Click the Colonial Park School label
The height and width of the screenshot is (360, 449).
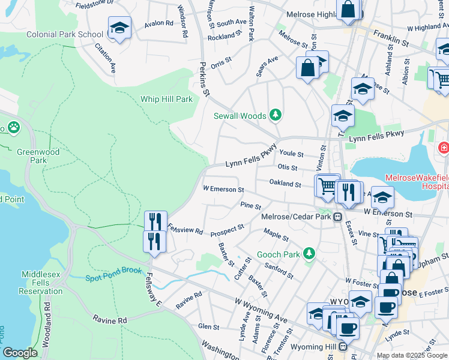[x=64, y=34]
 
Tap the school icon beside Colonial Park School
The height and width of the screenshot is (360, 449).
[x=119, y=28]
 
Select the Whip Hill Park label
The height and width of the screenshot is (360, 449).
[x=166, y=99]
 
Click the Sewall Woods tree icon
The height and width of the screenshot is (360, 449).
[x=276, y=114]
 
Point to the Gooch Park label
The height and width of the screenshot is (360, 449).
[x=278, y=254]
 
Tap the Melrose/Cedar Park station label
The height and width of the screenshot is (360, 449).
[x=297, y=217]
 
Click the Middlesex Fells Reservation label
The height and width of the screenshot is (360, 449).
[x=42, y=283]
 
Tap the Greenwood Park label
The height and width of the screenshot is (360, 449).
[x=38, y=156]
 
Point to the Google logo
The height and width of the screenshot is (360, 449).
[x=20, y=353]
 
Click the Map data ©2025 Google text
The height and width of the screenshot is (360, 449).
[x=412, y=355]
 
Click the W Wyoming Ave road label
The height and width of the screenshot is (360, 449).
[x=261, y=309]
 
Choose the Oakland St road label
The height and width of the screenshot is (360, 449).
[x=285, y=184]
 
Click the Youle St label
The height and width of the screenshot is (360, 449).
[x=291, y=154]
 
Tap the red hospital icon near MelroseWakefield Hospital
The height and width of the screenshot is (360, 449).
[x=444, y=148]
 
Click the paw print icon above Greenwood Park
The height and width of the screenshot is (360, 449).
[x=13, y=127]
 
